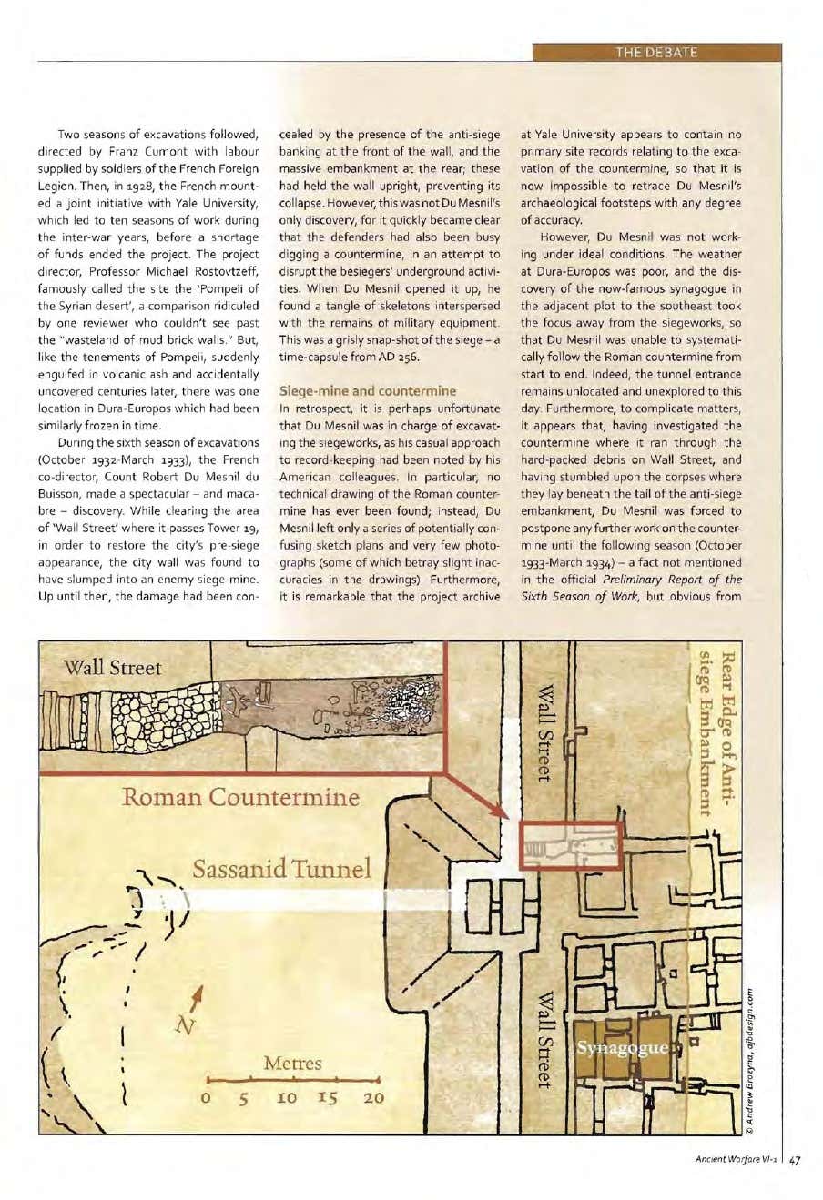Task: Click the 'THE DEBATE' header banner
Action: coord(655,52)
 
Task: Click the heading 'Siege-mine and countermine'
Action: coord(367,390)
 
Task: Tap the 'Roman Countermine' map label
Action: coord(241,798)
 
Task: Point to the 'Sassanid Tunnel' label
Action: coord(282,869)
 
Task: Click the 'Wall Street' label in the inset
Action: coord(112,667)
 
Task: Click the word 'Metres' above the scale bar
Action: coord(292,1063)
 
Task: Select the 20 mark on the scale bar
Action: coord(373,1098)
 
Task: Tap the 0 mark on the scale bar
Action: coord(208,1098)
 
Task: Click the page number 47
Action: coord(795,1160)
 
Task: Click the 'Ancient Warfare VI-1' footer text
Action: coord(734,1160)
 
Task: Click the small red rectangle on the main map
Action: coord(571,845)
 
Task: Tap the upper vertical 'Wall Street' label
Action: coord(544,733)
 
